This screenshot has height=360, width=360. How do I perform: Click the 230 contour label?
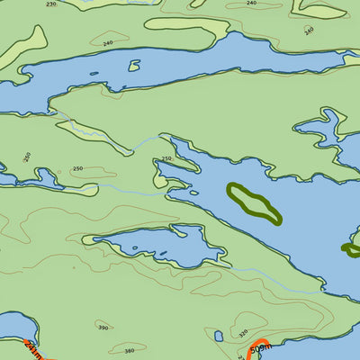[50, 4]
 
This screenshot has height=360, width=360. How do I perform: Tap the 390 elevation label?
[103, 328]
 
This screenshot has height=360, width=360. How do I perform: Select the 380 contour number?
[130, 350]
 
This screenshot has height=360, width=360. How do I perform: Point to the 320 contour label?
[243, 332]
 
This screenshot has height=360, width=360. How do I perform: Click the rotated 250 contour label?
[27, 157]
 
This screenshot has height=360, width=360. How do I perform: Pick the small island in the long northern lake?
[134, 66]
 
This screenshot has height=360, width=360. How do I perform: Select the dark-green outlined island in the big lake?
[253, 203]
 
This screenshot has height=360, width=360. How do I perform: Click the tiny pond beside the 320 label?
[219, 337]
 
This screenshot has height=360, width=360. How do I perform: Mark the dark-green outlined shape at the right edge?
[352, 248]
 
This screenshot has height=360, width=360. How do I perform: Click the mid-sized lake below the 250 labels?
[153, 245]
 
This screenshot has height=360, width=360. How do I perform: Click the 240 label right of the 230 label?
[108, 43]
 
